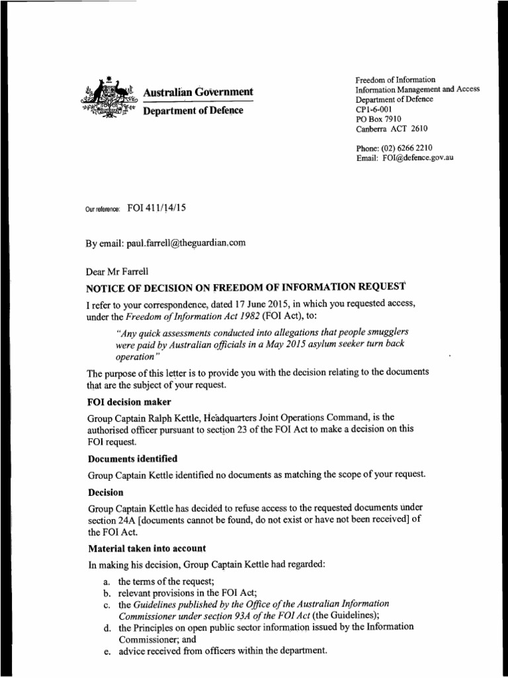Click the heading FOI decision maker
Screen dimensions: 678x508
click(x=126, y=401)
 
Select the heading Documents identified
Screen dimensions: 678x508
click(x=132, y=459)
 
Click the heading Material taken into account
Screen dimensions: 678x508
click(x=146, y=548)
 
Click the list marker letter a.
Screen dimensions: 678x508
click(x=106, y=581)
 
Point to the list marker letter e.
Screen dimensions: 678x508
click(x=106, y=650)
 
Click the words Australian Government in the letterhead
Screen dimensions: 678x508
click(x=198, y=91)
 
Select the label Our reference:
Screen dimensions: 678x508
click(x=103, y=209)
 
